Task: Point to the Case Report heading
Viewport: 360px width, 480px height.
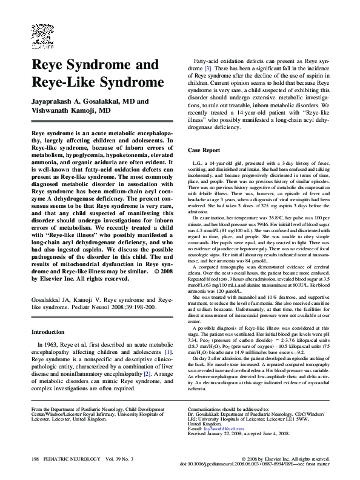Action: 204,150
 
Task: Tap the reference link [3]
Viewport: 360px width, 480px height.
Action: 207,68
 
